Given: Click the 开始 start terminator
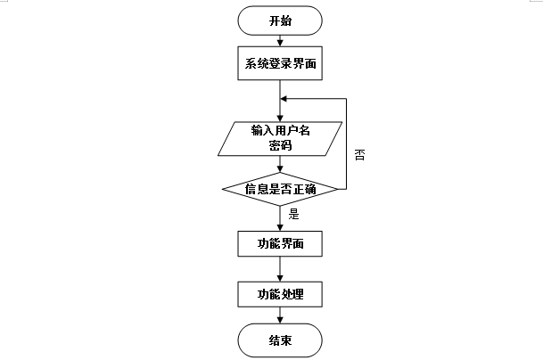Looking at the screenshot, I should pyautogui.click(x=280, y=20).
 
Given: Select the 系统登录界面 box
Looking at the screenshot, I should pyautogui.click(x=280, y=64).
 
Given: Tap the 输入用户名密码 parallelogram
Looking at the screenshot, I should pyautogui.click(x=280, y=139).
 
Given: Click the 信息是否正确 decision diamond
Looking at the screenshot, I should pyautogui.click(x=280, y=189).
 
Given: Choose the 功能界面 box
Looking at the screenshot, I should pyautogui.click(x=280, y=242).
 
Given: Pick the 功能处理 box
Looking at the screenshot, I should pyautogui.click(x=280, y=294).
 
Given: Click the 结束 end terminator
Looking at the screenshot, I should pyautogui.click(x=280, y=340).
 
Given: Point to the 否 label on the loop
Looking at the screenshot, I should pyautogui.click(x=359, y=153).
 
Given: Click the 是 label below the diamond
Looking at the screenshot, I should pyautogui.click(x=293, y=214).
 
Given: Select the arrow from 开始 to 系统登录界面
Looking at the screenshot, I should pyautogui.click(x=280, y=39).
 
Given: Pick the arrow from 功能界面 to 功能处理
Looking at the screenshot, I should pyautogui.click(x=280, y=268).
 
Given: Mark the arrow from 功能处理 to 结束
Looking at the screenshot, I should pyautogui.click(x=280, y=316).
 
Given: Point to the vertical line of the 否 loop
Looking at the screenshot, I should pyautogui.click(x=346, y=143).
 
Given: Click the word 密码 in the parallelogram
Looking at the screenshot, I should pyautogui.click(x=280, y=147).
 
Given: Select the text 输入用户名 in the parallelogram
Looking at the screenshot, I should pyautogui.click(x=280, y=131).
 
